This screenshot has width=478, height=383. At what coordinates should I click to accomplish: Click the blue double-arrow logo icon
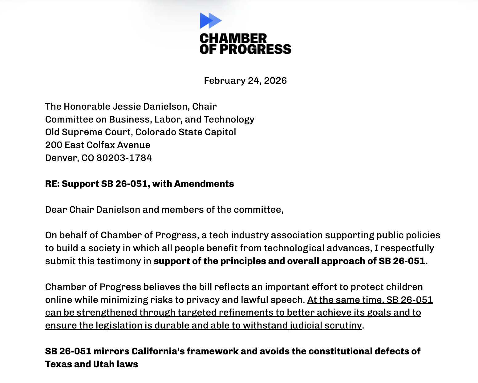coord(210,20)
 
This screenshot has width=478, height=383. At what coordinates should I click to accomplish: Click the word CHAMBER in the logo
coord(233,39)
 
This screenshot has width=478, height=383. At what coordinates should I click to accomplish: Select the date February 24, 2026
coord(245,81)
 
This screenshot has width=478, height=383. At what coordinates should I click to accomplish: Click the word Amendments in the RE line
coord(204,184)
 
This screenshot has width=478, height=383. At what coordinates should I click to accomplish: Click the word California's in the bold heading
coord(158,351)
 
